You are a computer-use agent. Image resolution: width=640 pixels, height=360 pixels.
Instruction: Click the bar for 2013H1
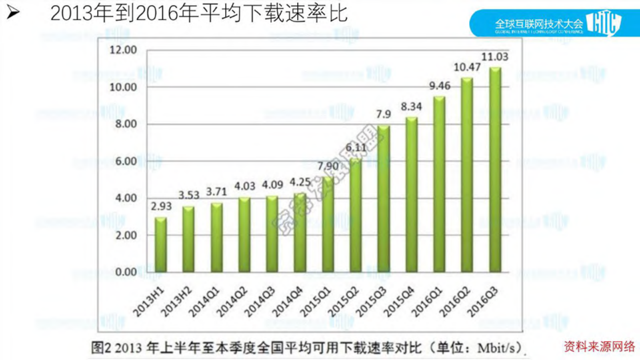(x=161, y=245)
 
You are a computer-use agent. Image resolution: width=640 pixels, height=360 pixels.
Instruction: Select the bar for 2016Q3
(x=495, y=170)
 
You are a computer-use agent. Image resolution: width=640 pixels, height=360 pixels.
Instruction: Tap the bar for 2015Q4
(x=412, y=195)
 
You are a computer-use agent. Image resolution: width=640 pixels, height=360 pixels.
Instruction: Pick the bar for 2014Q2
(x=244, y=235)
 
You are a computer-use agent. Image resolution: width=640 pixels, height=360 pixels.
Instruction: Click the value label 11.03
(x=495, y=57)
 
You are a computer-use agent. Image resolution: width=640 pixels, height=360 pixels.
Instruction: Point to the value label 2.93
(x=161, y=206)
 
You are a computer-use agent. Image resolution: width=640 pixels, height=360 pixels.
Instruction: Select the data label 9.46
(x=440, y=86)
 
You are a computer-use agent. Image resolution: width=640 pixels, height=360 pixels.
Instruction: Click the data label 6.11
(x=356, y=147)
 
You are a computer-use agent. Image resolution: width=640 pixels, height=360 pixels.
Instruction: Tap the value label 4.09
(x=272, y=185)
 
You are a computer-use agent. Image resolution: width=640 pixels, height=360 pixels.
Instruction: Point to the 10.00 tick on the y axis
(x=123, y=87)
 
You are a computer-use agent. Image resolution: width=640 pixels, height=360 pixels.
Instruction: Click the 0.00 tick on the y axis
(x=126, y=272)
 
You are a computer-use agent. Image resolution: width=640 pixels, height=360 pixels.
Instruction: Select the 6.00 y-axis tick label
(x=126, y=161)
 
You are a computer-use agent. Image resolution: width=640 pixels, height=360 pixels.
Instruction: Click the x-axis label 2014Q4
(x=287, y=302)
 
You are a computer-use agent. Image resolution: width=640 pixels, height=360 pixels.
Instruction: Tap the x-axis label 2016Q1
(x=426, y=302)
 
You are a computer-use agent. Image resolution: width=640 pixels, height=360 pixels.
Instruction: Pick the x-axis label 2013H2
(x=176, y=302)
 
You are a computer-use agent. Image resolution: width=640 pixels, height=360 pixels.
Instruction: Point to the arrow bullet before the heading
(x=13, y=13)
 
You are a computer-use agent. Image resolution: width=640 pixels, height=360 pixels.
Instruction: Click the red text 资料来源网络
(x=599, y=346)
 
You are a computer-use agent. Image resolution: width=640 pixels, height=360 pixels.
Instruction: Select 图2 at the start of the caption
(x=100, y=348)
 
